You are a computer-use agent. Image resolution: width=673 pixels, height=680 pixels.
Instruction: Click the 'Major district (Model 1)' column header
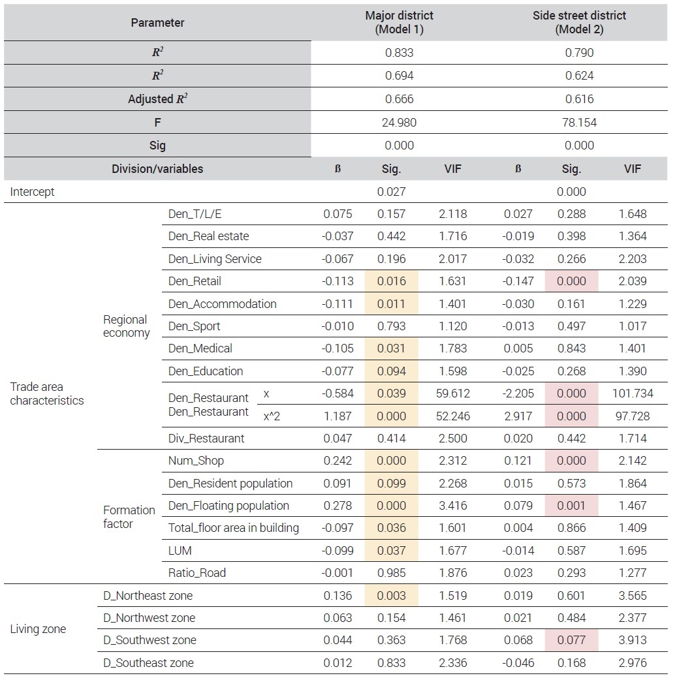(399, 22)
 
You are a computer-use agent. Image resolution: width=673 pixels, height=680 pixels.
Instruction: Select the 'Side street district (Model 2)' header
(579, 22)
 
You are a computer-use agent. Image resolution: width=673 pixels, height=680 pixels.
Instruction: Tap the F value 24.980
(399, 123)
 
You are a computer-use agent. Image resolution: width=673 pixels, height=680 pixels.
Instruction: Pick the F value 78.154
(579, 123)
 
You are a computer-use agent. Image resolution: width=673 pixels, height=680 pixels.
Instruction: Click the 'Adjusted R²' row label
(157, 99)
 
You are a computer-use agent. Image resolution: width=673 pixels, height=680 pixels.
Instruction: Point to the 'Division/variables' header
(157, 169)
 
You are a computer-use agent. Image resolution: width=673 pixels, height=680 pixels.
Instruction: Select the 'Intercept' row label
(33, 192)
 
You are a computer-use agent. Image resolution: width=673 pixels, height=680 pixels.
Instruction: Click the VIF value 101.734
(632, 394)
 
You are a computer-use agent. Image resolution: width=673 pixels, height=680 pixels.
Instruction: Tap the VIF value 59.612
(452, 394)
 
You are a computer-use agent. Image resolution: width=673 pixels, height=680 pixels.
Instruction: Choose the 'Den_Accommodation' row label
(222, 304)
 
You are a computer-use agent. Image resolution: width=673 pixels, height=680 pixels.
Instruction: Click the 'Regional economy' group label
(126, 326)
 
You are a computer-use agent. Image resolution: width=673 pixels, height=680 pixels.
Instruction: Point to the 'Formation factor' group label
(129, 517)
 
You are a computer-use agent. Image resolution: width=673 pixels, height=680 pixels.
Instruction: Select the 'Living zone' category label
(38, 629)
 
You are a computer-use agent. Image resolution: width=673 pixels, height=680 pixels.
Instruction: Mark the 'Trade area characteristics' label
(47, 394)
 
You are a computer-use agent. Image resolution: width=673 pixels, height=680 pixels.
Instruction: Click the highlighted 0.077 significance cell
(571, 640)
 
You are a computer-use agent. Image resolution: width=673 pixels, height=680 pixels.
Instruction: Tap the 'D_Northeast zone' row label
(148, 596)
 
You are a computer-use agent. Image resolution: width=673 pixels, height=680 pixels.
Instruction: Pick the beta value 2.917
(518, 416)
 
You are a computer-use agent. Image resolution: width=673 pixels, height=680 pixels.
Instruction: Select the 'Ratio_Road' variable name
(196, 573)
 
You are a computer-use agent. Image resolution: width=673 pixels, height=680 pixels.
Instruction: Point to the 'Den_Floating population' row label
(228, 506)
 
